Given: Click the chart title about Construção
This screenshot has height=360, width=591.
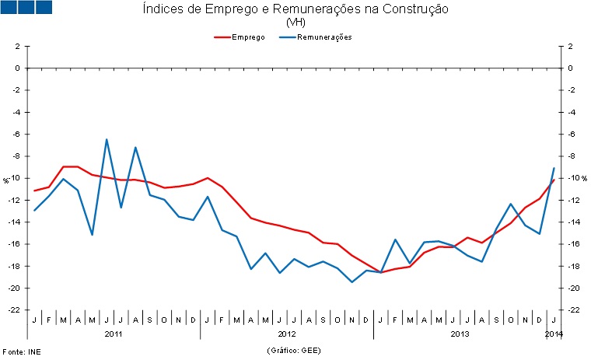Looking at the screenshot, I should point(295,9).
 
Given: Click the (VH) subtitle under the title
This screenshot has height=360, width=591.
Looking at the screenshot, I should point(295,23).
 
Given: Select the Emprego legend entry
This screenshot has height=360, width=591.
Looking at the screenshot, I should point(249,37).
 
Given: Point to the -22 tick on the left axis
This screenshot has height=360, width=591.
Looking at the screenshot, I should point(14,310).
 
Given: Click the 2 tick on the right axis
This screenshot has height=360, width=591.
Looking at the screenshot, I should point(570,46).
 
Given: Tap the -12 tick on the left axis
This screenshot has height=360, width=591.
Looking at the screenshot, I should point(14,200).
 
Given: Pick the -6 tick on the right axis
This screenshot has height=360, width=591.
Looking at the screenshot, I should point(571,135).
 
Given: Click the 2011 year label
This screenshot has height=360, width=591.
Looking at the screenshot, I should point(114,334).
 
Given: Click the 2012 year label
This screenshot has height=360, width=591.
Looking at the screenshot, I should point(286,334).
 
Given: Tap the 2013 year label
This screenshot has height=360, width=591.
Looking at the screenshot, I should point(459,334).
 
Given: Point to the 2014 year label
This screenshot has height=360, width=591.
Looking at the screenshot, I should point(554,334).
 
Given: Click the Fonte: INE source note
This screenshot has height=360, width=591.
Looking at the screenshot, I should point(21,351).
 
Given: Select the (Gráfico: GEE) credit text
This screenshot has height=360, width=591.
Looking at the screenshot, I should point(295,351).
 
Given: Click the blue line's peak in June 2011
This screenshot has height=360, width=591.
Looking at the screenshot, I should point(107,140).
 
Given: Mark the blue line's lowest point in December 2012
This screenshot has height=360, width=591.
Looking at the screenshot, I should point(351,281).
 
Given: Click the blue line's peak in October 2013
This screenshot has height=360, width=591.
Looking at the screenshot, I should point(510,204).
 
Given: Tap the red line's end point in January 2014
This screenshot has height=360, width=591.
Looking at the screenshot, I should point(553,180).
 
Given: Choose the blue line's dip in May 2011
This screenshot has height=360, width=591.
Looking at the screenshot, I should point(93,234).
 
